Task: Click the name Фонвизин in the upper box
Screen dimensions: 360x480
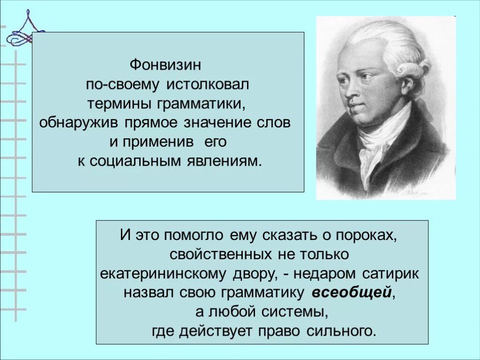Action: [x=167, y=64]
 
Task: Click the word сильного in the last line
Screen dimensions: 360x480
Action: [x=342, y=331]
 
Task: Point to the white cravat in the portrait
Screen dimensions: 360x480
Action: [x=375, y=141]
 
